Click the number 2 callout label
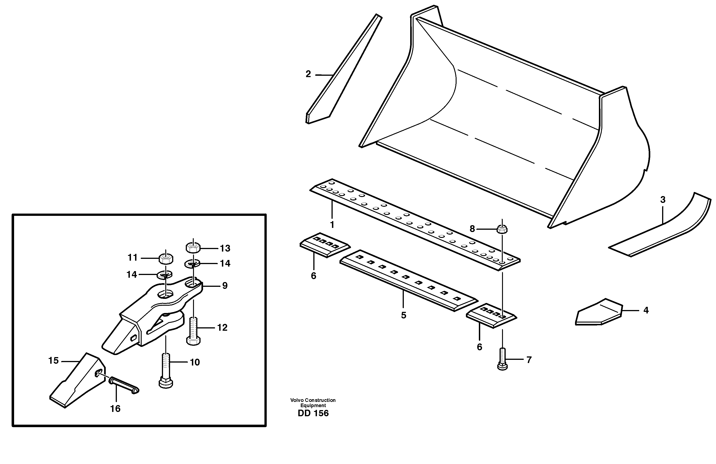[308, 74]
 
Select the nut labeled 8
[502, 229]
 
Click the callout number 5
[403, 315]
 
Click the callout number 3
[663, 200]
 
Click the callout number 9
[225, 285]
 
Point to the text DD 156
[313, 414]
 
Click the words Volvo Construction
[313, 400]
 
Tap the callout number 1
[332, 224]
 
